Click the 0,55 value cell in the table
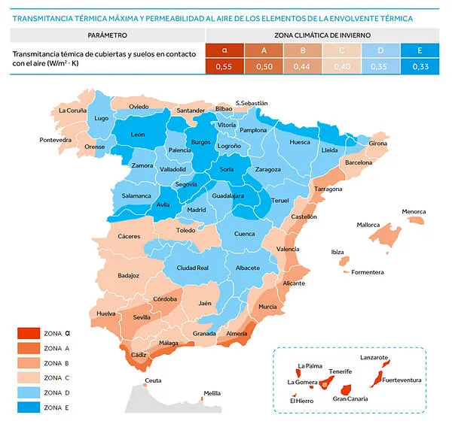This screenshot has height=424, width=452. [224, 67]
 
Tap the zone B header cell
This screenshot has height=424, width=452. [301, 50]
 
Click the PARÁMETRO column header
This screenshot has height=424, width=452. [107, 35]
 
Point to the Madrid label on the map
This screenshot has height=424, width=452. [196, 210]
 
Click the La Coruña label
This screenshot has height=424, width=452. [72, 111]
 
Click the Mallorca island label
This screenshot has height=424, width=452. [368, 225]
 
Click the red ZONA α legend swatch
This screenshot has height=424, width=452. [28, 333]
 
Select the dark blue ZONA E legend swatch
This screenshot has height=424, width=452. [28, 407]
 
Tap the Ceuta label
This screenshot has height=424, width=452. [153, 380]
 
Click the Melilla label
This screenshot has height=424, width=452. [212, 393]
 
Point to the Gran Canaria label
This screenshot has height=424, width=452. [350, 399]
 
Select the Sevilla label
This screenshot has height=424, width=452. [142, 318]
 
